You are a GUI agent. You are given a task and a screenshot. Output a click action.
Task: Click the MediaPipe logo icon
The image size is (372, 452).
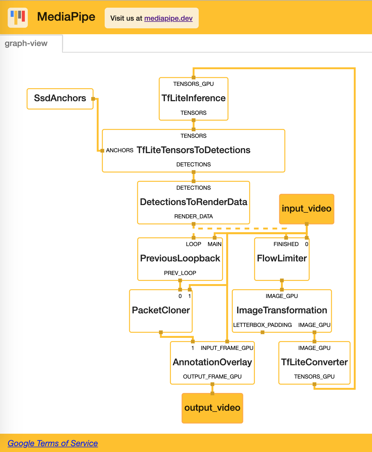click(x=18, y=18)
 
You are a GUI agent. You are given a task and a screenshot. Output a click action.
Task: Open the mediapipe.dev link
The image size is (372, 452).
click(x=168, y=18)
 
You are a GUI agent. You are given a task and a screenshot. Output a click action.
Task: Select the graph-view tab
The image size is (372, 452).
click(x=26, y=43)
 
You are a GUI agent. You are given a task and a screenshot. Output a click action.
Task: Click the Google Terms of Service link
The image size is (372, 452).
click(x=53, y=443)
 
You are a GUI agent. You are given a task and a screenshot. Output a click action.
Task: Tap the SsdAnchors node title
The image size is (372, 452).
click(x=60, y=98)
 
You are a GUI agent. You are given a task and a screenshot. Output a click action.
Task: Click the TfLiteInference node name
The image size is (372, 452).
click(x=193, y=98)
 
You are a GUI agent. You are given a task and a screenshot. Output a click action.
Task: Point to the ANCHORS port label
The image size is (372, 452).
click(x=120, y=150)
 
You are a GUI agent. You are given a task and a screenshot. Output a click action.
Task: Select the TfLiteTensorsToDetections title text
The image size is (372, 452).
click(x=193, y=150)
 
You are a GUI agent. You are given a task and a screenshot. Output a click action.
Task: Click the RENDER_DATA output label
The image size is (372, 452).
click(x=193, y=217)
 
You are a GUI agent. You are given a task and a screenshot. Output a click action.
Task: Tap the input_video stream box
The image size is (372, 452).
click(x=307, y=209)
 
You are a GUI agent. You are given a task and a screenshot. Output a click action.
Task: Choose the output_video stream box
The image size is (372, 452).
click(x=212, y=408)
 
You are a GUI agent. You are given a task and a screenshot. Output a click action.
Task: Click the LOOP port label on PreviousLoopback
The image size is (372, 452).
click(x=193, y=244)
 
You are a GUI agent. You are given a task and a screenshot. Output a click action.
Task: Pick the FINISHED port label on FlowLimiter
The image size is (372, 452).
click(x=286, y=244)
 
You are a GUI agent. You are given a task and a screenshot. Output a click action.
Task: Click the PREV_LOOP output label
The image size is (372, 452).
click(x=180, y=273)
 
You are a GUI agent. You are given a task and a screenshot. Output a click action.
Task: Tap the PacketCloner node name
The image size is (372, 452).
click(x=161, y=310)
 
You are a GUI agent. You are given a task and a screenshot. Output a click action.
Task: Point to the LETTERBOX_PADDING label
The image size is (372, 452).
click(x=263, y=325)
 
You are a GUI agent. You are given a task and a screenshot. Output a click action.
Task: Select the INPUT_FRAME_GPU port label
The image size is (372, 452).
click(x=227, y=348)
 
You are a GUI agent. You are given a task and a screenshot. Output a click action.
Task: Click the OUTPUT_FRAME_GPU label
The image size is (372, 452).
click(x=212, y=377)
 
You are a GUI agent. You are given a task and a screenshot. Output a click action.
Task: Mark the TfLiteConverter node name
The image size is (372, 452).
click(x=314, y=362)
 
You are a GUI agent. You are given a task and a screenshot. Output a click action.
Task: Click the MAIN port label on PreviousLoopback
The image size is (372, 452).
click(x=215, y=244)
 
